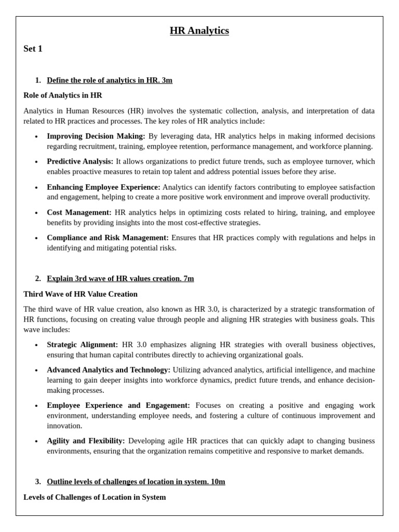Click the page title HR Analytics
click(x=199, y=31)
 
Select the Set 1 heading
click(x=33, y=49)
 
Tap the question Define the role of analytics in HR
click(x=109, y=80)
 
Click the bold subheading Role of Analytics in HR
click(x=63, y=96)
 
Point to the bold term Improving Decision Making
click(x=96, y=136)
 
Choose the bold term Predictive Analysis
click(x=80, y=162)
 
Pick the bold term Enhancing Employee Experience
click(x=103, y=187)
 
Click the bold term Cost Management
click(x=79, y=212)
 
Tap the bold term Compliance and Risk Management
click(x=108, y=238)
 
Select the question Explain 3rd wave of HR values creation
click(x=120, y=278)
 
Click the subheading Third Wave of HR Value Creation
click(x=81, y=294)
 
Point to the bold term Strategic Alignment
click(x=82, y=345)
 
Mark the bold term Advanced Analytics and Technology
click(x=109, y=370)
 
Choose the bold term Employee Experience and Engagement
click(x=118, y=405)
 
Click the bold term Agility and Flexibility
click(x=86, y=441)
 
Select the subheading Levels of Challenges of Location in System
click(x=95, y=497)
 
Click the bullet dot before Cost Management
click(x=36, y=213)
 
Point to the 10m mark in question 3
click(x=218, y=482)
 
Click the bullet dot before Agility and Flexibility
click(x=36, y=442)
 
